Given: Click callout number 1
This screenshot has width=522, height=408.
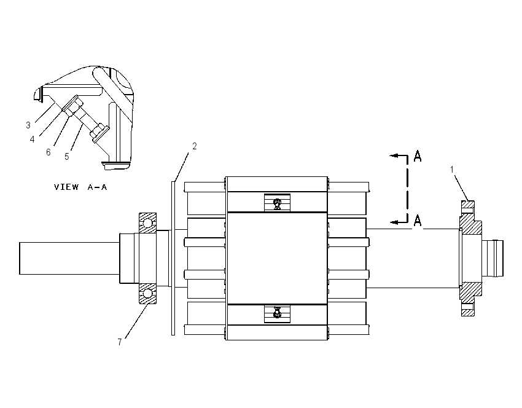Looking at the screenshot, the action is tap(452, 170).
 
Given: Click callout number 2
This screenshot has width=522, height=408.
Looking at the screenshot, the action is tap(195, 146).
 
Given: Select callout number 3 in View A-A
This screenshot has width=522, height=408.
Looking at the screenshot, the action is tap(28, 125).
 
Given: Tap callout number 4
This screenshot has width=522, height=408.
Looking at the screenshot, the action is tap(33, 139).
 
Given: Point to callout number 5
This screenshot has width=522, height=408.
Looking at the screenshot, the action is tap(67, 156).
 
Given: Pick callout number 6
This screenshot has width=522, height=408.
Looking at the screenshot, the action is tap(49, 152).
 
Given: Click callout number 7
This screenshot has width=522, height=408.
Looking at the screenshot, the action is tap(120, 342).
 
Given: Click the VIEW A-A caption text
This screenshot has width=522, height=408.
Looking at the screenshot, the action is tap(80, 187).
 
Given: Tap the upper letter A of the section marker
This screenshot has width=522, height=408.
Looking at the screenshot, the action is tap(418, 156).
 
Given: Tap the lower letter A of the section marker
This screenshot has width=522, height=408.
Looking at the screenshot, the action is tap(418, 221).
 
